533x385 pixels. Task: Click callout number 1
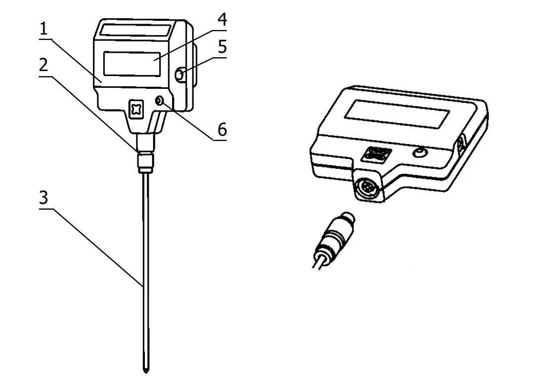click(x=43, y=29)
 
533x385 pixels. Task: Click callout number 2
click(x=43, y=65)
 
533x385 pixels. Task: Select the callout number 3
click(x=43, y=198)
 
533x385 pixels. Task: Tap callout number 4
click(x=222, y=20)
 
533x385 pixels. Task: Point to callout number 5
click(x=222, y=47)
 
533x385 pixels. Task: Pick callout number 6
click(x=222, y=129)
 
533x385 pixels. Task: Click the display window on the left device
click(x=132, y=64)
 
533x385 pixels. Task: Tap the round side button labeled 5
click(x=180, y=75)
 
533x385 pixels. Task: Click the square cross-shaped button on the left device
click(x=136, y=110)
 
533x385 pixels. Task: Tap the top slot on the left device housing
click(x=135, y=30)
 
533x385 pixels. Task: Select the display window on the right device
click(x=397, y=114)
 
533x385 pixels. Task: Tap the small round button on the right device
click(x=420, y=153)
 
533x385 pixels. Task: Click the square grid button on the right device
click(x=376, y=154)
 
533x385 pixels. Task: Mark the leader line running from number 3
click(x=97, y=248)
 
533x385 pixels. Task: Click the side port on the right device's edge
click(x=461, y=144)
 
